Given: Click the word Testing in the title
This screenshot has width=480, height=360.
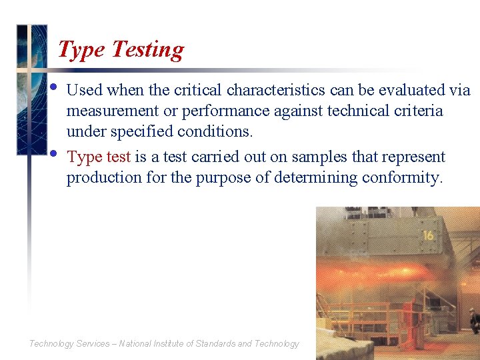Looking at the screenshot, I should [147, 50].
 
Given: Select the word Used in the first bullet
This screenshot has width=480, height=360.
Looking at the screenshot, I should [85, 90].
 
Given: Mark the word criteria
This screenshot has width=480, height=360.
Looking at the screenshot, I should [419, 111].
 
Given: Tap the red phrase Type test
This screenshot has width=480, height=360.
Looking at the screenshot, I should [99, 157].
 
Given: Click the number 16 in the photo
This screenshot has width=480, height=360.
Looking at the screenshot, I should [428, 236].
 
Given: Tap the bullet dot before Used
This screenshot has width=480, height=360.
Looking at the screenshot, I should [54, 87].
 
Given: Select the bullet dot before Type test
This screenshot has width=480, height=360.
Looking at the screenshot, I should [54, 153].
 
